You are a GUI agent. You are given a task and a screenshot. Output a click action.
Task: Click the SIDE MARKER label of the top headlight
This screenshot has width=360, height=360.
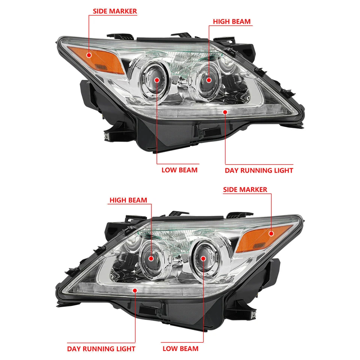tap(115, 11)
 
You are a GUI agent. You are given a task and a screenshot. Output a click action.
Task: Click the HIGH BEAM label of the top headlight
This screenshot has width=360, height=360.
tap(232, 21)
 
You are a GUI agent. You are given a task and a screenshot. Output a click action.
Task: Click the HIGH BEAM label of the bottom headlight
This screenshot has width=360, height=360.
tap(128, 200)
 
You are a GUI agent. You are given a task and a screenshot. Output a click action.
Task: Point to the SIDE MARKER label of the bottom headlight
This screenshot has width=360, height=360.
tap(245, 189)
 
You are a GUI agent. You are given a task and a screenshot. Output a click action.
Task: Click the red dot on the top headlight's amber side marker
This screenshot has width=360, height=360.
tap(89, 55)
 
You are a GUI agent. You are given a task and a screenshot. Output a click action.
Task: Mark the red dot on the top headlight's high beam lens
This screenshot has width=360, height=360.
tap(209, 79)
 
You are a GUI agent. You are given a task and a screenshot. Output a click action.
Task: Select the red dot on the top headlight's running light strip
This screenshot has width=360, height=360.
tap(225, 111)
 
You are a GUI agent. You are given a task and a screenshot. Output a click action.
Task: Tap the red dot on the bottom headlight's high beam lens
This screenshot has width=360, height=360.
tap(151, 258)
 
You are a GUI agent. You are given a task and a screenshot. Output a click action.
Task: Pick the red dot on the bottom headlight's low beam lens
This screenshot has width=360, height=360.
tap(203, 258)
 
